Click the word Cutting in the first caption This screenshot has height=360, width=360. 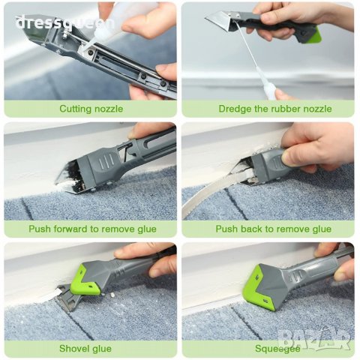[76, 109]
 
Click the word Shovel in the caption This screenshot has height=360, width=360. [73, 349]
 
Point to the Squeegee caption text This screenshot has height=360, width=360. [277, 349]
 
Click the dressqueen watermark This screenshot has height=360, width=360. [64, 23]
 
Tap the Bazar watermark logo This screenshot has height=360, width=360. [314, 340]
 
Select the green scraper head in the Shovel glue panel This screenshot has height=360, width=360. [84, 281]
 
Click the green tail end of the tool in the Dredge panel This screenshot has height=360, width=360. [313, 36]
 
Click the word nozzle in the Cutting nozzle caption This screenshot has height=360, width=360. [109, 109]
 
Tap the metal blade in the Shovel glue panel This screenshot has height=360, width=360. [67, 298]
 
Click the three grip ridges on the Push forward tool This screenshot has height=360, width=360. [106, 162]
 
